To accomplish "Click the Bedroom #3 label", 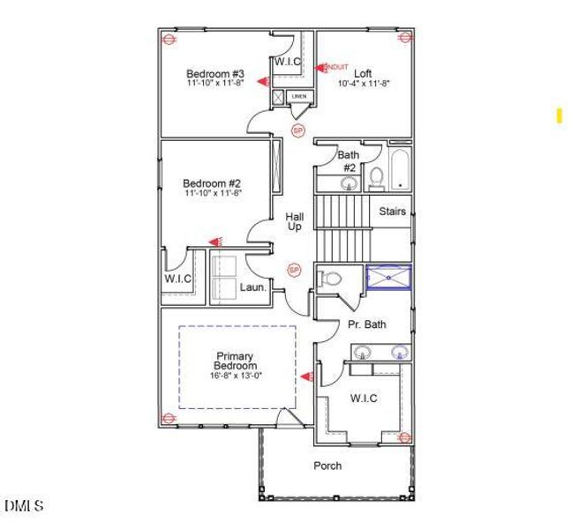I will (x=208, y=73).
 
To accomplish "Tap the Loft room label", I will (x=364, y=73).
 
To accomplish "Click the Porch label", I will (x=327, y=466).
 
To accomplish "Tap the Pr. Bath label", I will (x=366, y=324).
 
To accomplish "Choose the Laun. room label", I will (x=254, y=287).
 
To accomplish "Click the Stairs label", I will (x=393, y=212).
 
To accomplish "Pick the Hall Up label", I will (x=294, y=221).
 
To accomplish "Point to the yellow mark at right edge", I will (x=559, y=115).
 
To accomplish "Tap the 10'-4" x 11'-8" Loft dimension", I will (x=364, y=84).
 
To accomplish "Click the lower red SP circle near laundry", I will (x=295, y=269).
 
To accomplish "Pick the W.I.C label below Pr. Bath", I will (x=364, y=399).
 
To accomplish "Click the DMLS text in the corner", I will (x=24, y=506).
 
